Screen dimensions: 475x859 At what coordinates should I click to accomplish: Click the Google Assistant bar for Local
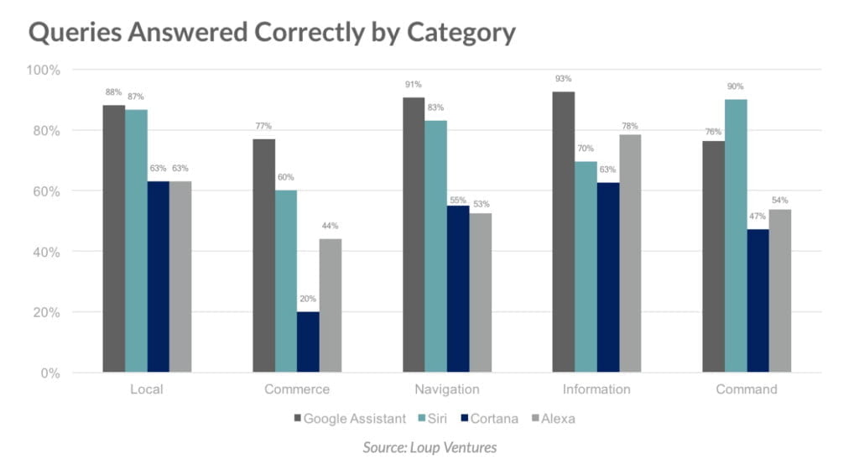114,238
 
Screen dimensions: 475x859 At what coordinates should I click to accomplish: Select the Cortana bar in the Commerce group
308,342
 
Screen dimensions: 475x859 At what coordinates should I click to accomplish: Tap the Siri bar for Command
736,236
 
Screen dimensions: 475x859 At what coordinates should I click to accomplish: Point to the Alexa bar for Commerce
330,305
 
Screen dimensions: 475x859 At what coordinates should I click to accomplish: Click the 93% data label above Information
563,79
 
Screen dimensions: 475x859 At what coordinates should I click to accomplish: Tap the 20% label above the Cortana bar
308,300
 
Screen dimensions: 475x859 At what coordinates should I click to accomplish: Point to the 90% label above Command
736,86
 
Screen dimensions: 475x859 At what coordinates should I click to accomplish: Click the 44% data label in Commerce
330,226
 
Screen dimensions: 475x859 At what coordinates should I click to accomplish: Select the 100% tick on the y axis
44,70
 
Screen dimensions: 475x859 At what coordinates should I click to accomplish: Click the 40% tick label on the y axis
47,252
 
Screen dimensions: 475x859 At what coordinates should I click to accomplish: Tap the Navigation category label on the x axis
447,389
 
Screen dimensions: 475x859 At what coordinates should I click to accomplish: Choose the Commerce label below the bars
297,389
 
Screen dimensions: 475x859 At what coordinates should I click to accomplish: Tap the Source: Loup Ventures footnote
429,447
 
